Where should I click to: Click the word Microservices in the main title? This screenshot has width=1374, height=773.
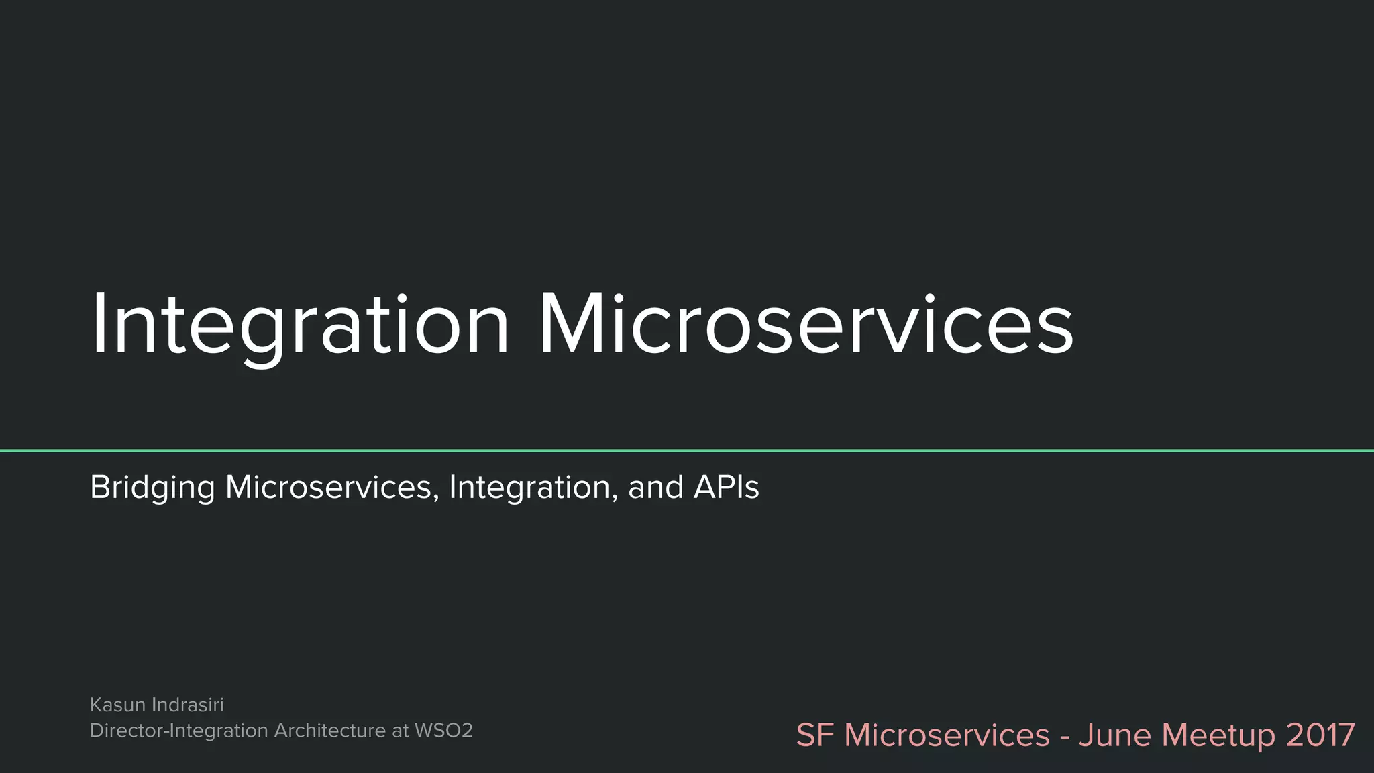pos(806,325)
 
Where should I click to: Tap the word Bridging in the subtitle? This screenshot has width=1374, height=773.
pos(152,488)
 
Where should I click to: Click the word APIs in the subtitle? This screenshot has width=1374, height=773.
pos(726,488)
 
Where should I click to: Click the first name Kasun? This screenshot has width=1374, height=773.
pos(117,705)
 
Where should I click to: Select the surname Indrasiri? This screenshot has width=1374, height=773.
pos(188,705)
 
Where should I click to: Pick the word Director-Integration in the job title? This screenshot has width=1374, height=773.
pos(178,731)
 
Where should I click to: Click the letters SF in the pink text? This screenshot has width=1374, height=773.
pos(814,735)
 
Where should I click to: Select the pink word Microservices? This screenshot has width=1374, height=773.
pos(947,735)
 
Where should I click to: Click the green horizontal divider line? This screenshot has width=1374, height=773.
pos(687,450)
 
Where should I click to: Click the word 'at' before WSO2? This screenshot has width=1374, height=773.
pos(400,731)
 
